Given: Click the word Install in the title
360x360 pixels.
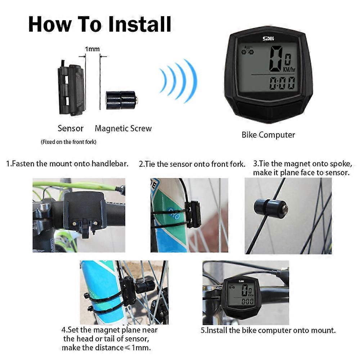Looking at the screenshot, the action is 140,24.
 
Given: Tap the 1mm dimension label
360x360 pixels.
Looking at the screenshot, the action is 92,49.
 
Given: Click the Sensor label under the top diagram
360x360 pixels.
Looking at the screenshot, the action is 71,129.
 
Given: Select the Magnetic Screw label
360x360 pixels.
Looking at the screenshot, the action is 123,129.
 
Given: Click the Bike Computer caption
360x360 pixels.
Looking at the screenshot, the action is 268,135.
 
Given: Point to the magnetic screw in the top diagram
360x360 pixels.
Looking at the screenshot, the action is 122,100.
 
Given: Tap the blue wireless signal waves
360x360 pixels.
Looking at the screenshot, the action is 179,81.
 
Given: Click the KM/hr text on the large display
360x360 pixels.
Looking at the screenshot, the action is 289,69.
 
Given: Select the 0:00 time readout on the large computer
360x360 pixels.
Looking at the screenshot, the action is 282,83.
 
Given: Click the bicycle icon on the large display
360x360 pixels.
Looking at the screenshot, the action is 248,50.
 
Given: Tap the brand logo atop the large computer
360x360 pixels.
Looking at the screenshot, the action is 268,39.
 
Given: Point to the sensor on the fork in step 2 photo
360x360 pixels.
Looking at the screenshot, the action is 193,214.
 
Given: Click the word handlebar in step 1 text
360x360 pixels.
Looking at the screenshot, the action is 110,164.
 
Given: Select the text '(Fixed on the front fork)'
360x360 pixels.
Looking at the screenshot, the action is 68,142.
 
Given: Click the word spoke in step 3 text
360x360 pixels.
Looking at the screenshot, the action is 341,164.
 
